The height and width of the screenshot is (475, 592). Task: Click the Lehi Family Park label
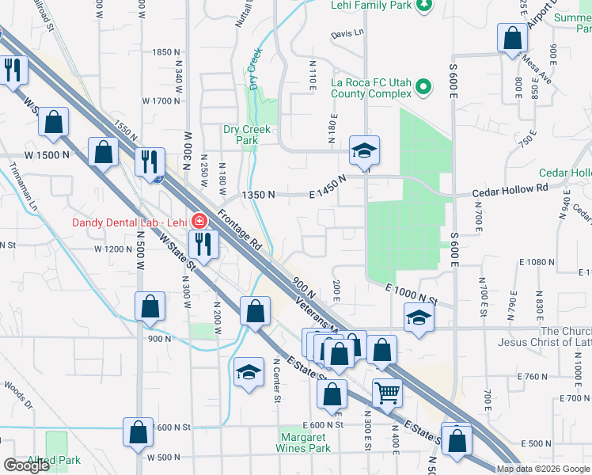pos(370,6)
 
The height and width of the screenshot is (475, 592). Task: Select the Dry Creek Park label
pos(246,135)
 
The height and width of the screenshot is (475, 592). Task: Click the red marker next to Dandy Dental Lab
pos(200,221)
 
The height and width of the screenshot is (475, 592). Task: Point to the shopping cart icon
pos(387,391)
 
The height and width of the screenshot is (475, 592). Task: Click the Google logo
pos(26,465)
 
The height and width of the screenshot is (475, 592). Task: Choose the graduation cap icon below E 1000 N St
pos(419,317)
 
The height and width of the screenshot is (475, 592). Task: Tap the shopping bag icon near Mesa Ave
pos(512,36)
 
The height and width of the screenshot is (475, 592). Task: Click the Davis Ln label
pos(347,33)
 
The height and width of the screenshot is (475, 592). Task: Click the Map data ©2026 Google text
pos(543,469)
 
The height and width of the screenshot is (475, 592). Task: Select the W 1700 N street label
pos(161,101)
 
